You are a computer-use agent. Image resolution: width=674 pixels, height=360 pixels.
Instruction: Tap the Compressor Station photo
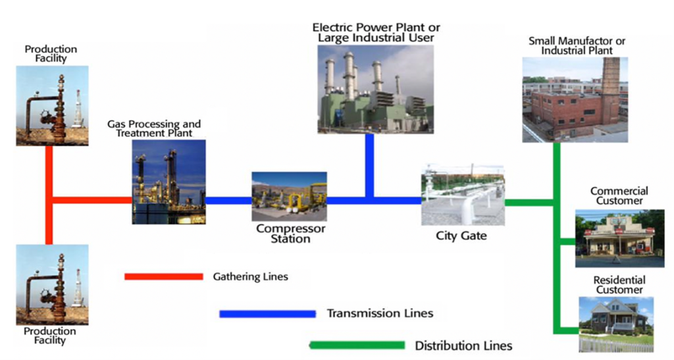289,197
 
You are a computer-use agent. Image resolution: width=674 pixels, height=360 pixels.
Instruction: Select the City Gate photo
462,195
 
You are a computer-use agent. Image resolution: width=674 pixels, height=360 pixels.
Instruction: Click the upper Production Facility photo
52,105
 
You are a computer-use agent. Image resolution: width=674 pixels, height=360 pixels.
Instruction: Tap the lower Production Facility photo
52,284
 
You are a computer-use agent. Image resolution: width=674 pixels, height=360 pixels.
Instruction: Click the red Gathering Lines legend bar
163,276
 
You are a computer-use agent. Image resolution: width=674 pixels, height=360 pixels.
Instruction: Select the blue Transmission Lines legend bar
267,314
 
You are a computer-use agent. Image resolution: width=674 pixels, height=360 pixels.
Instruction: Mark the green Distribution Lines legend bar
357,345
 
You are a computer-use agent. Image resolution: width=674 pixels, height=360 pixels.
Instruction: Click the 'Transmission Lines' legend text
380,313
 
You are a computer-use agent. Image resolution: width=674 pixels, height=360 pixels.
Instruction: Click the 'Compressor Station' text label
290,234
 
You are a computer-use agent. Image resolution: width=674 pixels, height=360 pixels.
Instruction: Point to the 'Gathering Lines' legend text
250,276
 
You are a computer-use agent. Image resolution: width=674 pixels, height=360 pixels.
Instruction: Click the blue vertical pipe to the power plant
369,165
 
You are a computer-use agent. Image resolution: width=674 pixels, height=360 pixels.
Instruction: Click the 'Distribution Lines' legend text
463,346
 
